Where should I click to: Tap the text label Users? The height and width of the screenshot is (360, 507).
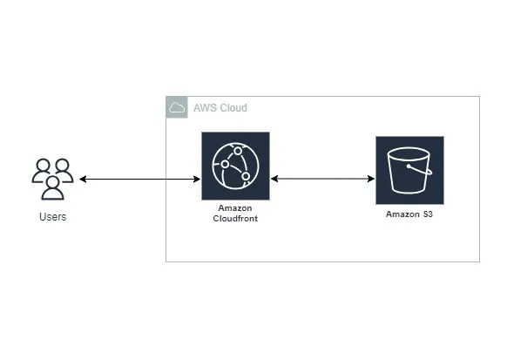pos(52,216)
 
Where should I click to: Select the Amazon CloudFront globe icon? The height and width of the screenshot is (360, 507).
pos(235,166)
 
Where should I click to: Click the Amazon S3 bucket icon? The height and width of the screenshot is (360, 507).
pos(409,170)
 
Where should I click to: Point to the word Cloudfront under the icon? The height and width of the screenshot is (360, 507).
pos(235,219)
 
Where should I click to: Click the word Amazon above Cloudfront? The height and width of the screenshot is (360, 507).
pos(235,209)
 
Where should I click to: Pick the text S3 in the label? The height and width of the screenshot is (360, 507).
pos(427,214)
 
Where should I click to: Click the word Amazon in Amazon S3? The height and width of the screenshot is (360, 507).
pos(402,214)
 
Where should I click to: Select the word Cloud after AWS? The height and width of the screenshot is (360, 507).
pos(233,108)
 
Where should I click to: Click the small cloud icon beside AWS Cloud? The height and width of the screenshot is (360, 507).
pos(177,107)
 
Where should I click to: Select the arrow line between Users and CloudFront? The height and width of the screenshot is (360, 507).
pos(139,180)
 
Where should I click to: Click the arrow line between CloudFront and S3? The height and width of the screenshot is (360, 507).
pos(322,180)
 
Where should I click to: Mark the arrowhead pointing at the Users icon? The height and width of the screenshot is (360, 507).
pos(83,180)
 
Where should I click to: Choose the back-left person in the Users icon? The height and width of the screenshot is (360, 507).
pos(41,170)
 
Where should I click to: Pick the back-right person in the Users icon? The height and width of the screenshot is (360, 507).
pos(64,170)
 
